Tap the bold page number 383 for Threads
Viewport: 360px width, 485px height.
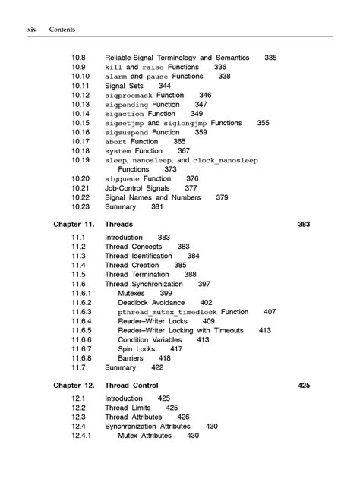click(x=304, y=225)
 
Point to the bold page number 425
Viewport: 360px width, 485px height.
click(x=304, y=386)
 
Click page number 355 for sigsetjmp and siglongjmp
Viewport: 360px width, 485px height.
click(x=263, y=123)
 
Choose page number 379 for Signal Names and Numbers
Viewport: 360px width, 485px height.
click(x=222, y=197)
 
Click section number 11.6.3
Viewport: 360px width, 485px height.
click(x=81, y=312)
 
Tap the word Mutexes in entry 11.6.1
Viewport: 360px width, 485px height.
click(x=134, y=293)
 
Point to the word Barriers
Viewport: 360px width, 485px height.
click(x=134, y=358)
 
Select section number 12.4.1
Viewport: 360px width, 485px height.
click(x=81, y=436)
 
